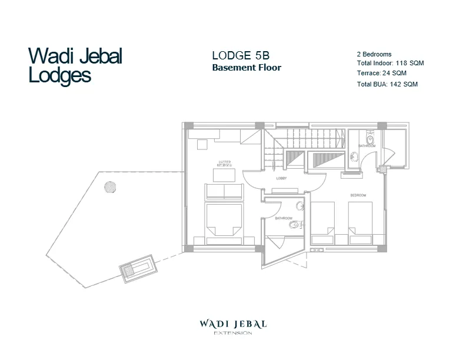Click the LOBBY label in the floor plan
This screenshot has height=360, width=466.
click(x=281, y=178)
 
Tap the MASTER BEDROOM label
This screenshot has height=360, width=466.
click(x=224, y=163)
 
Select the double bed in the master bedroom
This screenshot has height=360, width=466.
click(x=224, y=224)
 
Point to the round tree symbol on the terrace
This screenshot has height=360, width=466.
click(x=109, y=187)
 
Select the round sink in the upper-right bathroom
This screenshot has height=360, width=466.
click(x=353, y=157)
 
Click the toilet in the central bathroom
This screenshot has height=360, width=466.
click(x=296, y=224)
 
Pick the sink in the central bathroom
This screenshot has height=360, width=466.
click(x=299, y=205)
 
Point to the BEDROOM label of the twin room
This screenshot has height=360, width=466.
click(x=358, y=195)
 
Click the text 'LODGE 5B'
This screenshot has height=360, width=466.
click(x=241, y=56)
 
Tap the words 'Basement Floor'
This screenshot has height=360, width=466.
click(x=247, y=68)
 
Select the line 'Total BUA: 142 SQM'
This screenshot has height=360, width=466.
click(x=387, y=85)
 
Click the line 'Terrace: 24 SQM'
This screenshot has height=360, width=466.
click(x=381, y=74)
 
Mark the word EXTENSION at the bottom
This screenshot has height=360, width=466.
click(x=233, y=334)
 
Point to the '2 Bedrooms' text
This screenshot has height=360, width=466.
click(x=374, y=54)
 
